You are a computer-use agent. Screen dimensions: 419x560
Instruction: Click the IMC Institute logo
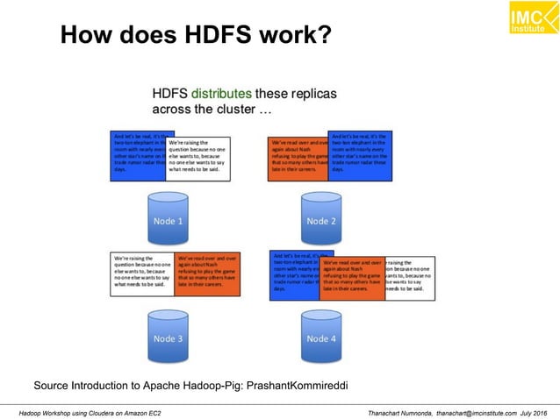click(x=529, y=19)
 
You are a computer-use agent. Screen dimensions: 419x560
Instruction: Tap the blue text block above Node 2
click(x=360, y=153)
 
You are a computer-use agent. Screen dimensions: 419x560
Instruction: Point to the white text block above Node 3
click(x=141, y=275)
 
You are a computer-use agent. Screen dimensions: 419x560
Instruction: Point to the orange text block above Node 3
click(x=207, y=275)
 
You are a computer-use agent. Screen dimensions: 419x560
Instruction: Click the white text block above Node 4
click(x=410, y=275)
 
